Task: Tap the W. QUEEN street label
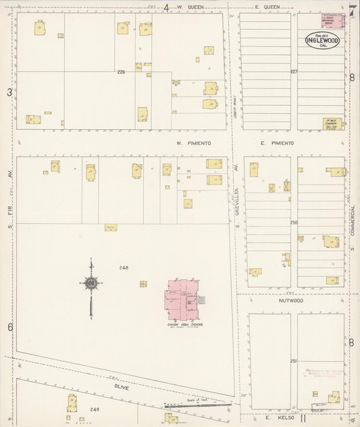tap(190, 7)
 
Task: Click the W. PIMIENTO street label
tap(194, 143)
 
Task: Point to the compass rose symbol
tap(90, 284)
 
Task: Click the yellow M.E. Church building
tap(332, 124)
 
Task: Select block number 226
tap(121, 72)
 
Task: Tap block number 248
tap(123, 268)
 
